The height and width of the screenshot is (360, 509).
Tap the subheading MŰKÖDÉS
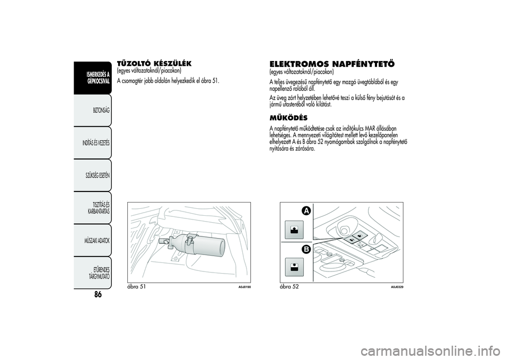point(288,117)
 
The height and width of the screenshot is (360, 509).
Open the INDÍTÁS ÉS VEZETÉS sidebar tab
point(96,143)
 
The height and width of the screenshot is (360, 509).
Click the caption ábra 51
point(137,286)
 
